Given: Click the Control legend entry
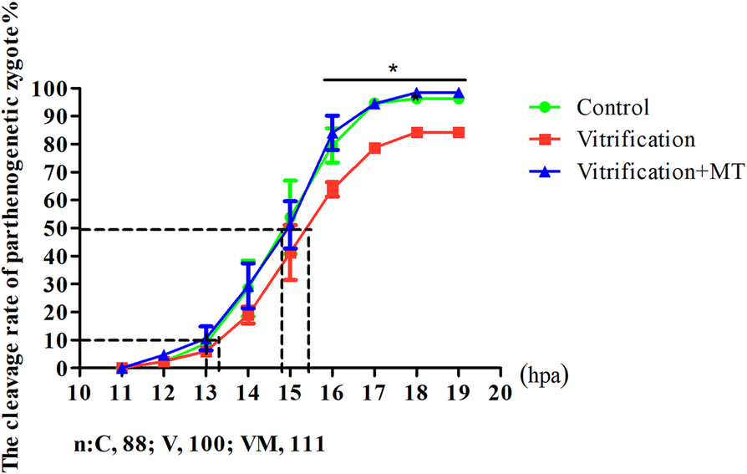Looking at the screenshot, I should pos(612,108).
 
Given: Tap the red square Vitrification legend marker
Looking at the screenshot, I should pos(545,140).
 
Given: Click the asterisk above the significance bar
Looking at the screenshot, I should pos(393,67).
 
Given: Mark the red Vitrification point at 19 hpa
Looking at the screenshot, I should pos(459,132).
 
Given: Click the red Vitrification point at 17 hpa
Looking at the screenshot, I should pos(374,148).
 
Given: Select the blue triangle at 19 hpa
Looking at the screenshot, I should pos(459,93).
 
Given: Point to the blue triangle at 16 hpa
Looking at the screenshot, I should pos(333,133).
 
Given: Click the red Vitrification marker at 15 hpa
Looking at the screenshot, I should pos(290,255).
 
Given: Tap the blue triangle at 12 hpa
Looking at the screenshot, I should pos(164,355).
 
